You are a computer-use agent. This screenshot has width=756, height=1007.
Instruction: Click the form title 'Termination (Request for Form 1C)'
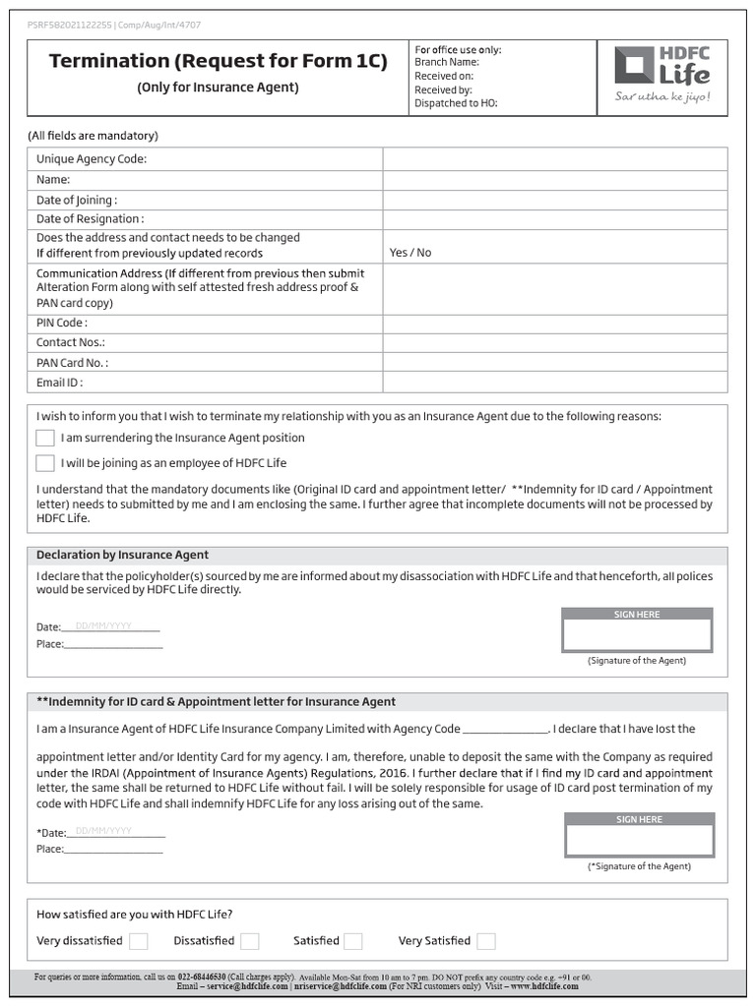[x=218, y=62]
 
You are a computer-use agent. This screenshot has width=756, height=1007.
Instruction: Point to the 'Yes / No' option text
[x=410, y=253]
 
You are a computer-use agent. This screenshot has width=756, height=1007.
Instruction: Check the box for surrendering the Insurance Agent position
[x=45, y=438]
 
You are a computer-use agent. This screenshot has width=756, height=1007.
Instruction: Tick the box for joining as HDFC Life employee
[x=45, y=463]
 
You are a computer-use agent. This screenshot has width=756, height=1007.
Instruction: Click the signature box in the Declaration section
[x=637, y=635]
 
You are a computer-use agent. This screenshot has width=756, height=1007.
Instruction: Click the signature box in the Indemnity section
[x=639, y=840]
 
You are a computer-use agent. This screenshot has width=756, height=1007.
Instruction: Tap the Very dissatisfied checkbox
[x=139, y=941]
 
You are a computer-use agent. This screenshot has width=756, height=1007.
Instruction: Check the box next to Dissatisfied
[x=250, y=941]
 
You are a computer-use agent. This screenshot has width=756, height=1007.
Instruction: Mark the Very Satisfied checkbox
[x=486, y=941]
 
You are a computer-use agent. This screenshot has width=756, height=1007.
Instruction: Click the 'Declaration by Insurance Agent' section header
[x=123, y=555]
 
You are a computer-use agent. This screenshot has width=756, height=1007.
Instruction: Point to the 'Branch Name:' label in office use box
[x=447, y=62]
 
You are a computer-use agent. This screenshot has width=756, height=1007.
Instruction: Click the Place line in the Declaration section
[x=113, y=645]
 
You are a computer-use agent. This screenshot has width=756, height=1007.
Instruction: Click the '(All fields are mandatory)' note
[x=93, y=136]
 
